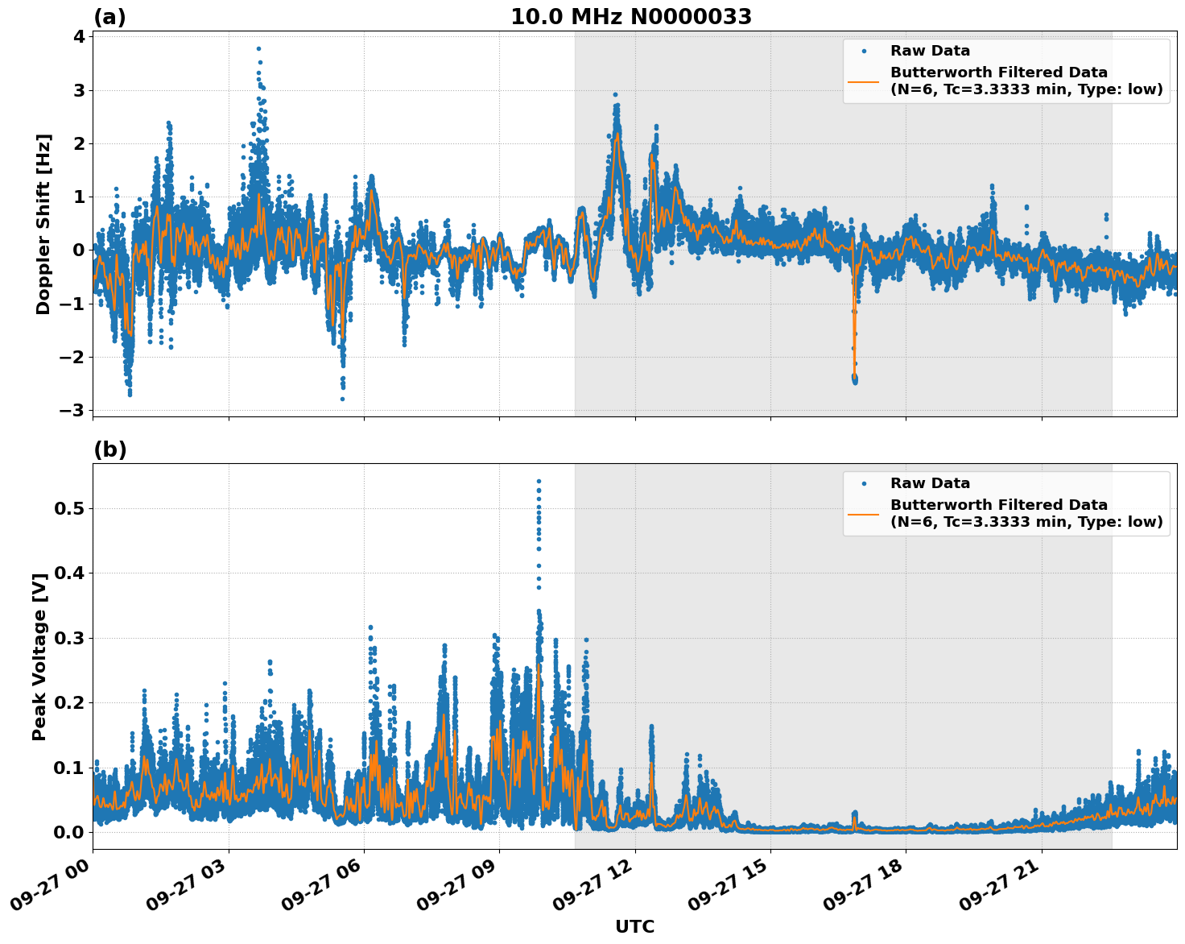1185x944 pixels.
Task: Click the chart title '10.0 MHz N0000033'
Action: [x=631, y=17]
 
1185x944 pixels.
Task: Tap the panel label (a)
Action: [x=109, y=17]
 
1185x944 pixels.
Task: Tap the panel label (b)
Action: [x=109, y=449]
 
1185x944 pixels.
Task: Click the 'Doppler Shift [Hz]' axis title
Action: [x=43, y=224]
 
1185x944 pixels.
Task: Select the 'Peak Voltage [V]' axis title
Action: [x=39, y=656]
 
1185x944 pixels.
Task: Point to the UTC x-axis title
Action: [x=634, y=926]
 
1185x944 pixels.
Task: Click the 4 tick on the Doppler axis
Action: [x=79, y=36]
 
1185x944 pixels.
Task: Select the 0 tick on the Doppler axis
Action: [x=79, y=250]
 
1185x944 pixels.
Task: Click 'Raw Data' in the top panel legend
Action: [x=930, y=52]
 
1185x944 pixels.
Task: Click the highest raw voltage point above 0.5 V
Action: [x=539, y=481]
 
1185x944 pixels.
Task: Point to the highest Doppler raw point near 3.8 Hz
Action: [x=258, y=48]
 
